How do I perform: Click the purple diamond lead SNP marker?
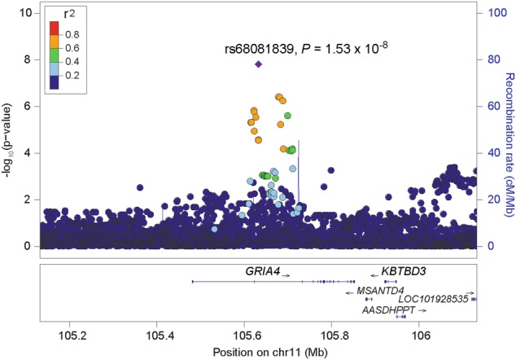pos(259,64)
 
